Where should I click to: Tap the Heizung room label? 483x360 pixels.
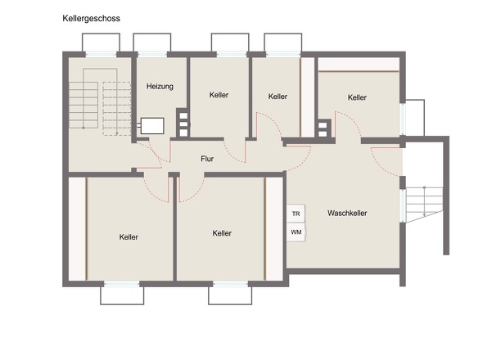tap(160, 86)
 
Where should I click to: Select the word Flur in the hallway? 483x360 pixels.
tap(207, 159)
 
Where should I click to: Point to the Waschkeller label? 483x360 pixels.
tap(346, 213)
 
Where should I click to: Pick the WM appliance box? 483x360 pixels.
tap(296, 232)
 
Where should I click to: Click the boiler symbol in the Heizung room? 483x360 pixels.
tap(152, 126)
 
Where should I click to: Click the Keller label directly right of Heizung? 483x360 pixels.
tap(219, 95)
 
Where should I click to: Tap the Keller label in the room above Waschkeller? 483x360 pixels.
tap(357, 97)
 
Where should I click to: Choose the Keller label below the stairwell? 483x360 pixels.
tap(129, 237)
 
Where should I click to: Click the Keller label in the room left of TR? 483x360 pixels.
tap(221, 233)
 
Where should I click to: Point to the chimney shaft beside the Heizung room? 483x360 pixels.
tap(183, 124)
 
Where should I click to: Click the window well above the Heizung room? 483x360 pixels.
tap(152, 43)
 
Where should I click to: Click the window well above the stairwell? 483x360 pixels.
tap(101, 43)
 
